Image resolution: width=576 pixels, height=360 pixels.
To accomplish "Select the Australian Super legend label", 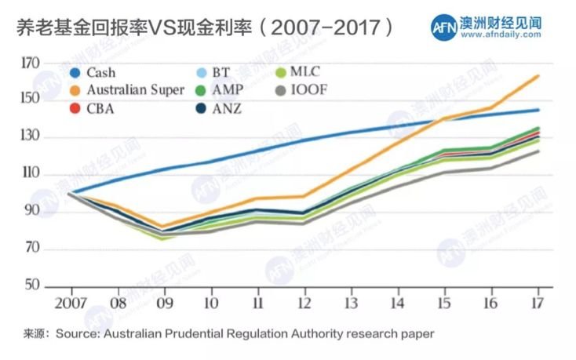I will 136,89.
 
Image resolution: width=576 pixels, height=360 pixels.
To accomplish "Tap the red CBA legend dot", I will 75,107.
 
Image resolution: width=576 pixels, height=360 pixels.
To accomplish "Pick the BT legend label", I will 221,72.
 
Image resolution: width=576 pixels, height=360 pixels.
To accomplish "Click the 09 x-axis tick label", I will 164,302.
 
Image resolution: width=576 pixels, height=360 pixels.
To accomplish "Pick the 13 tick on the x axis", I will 351,302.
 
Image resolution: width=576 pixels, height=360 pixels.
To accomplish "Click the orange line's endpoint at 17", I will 538,75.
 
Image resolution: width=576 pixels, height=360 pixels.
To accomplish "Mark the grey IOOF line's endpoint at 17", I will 538,151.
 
